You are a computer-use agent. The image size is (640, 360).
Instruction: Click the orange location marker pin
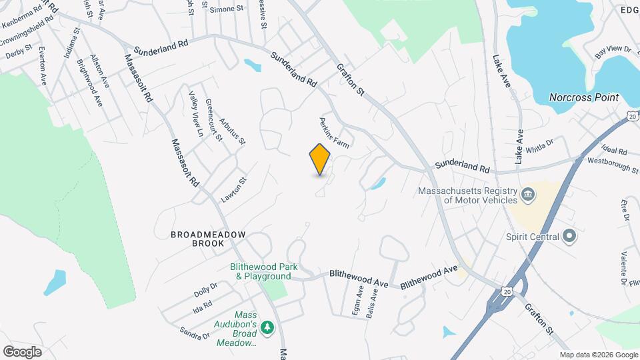click(320, 159)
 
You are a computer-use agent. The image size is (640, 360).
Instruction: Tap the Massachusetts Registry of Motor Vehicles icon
click(527, 194)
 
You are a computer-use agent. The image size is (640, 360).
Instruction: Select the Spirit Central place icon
click(569, 236)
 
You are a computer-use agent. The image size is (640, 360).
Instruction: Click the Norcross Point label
click(584, 97)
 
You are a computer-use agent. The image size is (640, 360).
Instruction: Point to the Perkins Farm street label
click(334, 132)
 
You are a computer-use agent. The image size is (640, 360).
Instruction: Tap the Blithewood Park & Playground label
click(261, 271)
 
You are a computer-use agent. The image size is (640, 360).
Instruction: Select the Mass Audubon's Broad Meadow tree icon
click(267, 327)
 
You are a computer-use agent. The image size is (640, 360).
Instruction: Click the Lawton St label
click(234, 190)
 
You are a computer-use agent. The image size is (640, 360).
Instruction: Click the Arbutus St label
click(233, 127)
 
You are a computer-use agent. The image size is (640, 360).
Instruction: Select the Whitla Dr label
click(540, 146)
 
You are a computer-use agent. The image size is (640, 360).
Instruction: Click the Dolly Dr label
click(205, 290)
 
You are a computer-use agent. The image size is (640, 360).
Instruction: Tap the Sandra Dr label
click(195, 332)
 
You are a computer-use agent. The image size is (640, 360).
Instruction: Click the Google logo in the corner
click(22, 351)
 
